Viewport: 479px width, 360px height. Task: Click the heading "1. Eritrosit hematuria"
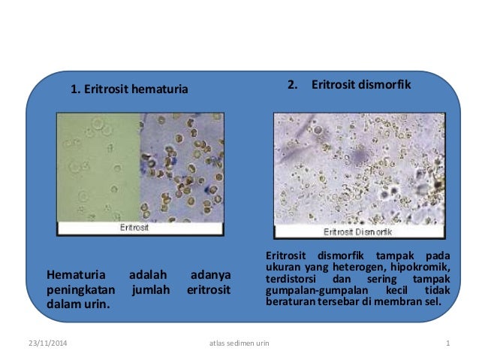[x=128, y=91]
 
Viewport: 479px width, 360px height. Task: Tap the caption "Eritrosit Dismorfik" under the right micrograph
[x=358, y=232]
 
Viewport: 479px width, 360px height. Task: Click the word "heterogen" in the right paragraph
[x=361, y=268]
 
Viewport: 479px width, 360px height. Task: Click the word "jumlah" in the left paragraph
[x=149, y=289]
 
